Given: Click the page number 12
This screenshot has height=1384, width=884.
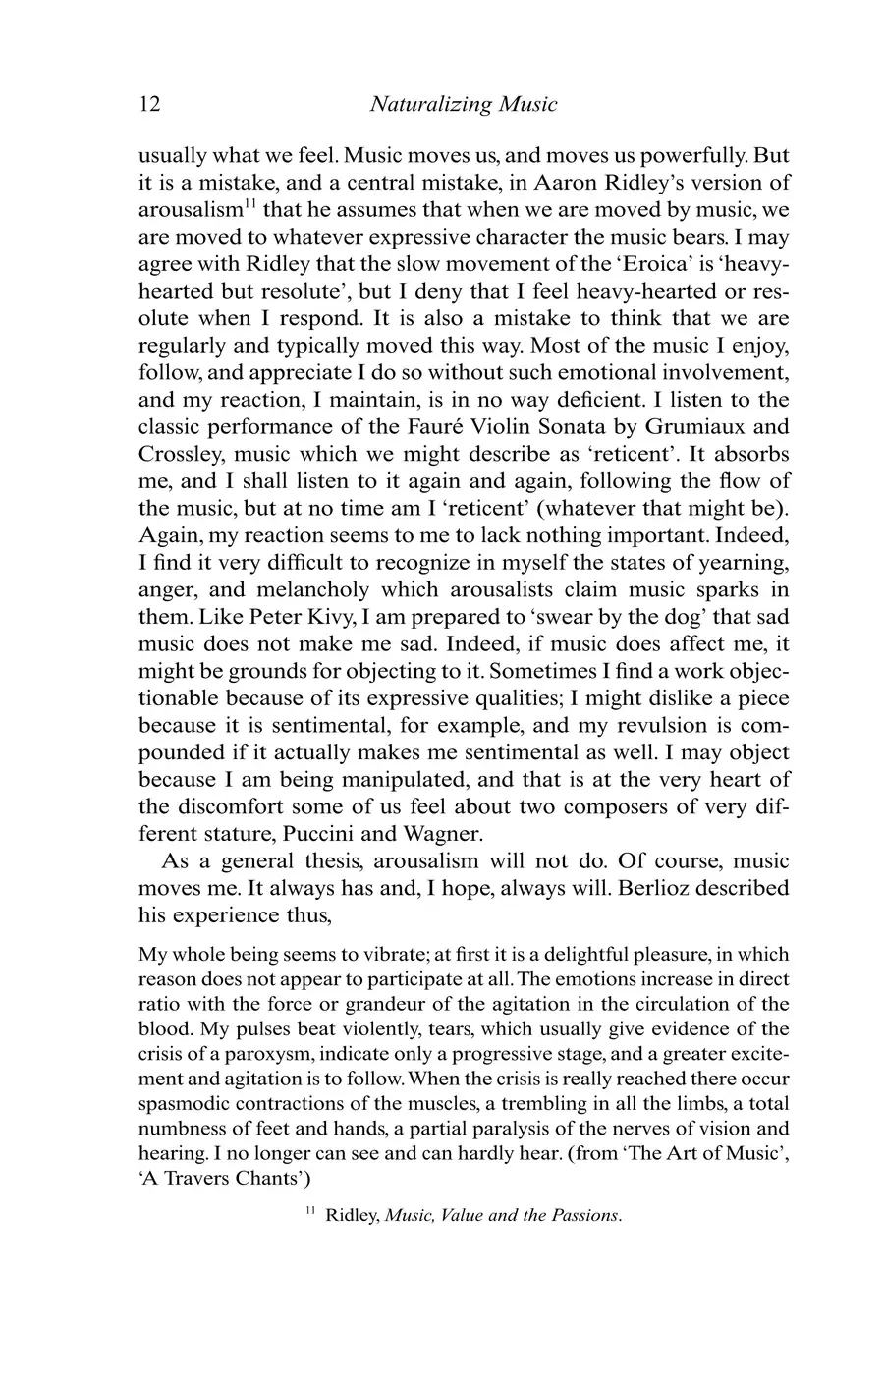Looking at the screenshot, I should tap(149, 104).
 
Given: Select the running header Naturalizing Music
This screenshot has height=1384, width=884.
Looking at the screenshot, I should tap(464, 104).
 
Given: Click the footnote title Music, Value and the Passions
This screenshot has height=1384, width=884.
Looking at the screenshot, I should tap(502, 1216).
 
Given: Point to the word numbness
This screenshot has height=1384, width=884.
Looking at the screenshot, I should tap(184, 1129).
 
